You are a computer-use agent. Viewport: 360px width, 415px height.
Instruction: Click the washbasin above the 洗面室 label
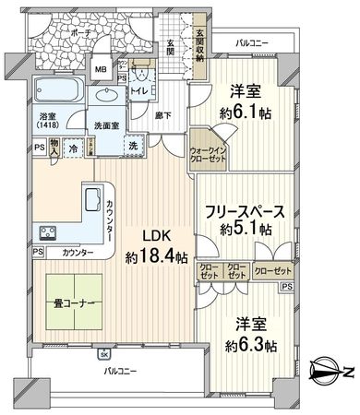(x=103, y=96)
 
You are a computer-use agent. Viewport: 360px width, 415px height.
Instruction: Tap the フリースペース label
(x=245, y=209)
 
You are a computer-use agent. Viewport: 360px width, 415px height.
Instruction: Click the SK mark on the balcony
(x=104, y=355)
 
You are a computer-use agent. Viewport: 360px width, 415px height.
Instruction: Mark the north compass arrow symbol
(x=330, y=371)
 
